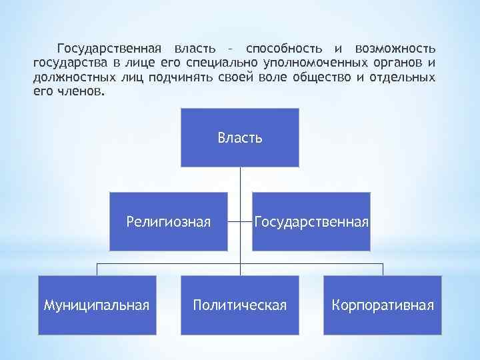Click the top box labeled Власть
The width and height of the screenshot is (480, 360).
tap(240, 138)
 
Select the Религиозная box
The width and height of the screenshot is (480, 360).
tap(168, 221)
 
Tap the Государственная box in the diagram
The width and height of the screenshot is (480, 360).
tap(311, 221)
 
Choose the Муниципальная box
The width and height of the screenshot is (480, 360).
tap(96, 305)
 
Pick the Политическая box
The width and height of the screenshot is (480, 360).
tap(240, 305)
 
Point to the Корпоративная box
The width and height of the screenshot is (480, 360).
tap(383, 305)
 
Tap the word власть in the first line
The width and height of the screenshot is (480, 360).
tap(195, 49)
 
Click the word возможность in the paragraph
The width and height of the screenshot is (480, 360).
tap(396, 49)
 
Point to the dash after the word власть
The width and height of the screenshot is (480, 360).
tap(230, 50)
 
